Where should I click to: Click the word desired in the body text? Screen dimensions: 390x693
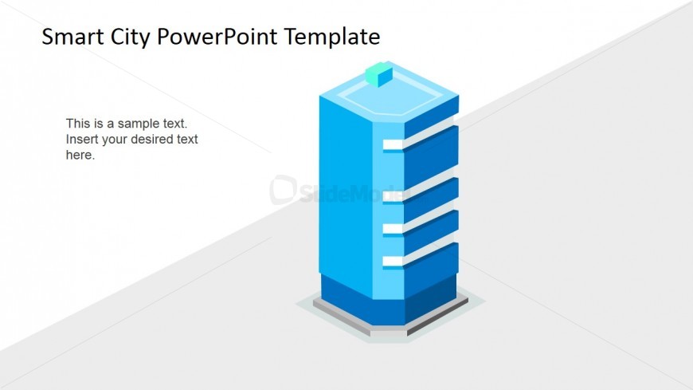coord(153,140)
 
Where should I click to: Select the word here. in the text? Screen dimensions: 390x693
coord(80,156)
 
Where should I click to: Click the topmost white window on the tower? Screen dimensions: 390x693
coord(393,144)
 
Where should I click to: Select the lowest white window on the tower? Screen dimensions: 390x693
coord(393,261)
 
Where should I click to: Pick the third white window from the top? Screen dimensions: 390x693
coord(393,229)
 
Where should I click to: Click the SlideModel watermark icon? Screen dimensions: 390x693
coord(283,189)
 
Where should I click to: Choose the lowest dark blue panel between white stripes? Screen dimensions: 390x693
coord(430,264)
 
